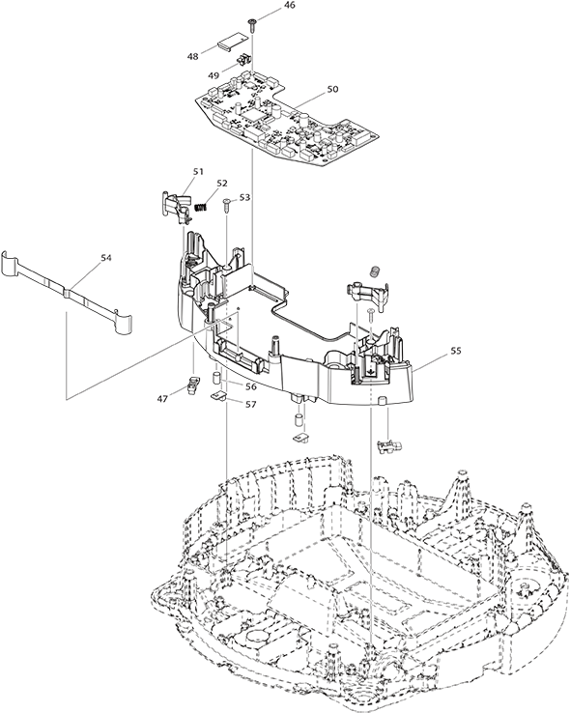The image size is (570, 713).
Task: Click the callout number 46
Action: pos(289,6)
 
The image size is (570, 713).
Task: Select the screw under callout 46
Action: pos(252,25)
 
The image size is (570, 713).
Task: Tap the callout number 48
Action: pos(192,56)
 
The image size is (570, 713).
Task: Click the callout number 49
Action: pos(214,75)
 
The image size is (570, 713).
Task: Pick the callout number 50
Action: pos(332,89)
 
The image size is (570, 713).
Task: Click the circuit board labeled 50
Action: pos(286,120)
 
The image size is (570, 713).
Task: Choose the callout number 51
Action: pos(198,171)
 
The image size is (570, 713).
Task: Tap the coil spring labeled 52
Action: pos(201,207)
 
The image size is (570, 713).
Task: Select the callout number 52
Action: pos(222,183)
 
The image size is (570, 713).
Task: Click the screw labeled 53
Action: pos(227,205)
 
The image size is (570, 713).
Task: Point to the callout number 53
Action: pos(245,197)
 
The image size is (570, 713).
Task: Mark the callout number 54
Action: pos(106,257)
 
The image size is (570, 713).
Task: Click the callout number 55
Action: pos(456,351)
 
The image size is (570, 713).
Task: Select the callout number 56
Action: pos(251,386)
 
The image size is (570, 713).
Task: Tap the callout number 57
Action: pos(251,404)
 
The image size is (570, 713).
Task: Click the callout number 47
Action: pos(162,398)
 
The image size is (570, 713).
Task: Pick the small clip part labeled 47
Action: pos(193,385)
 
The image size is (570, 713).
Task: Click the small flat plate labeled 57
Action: pos(218,395)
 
